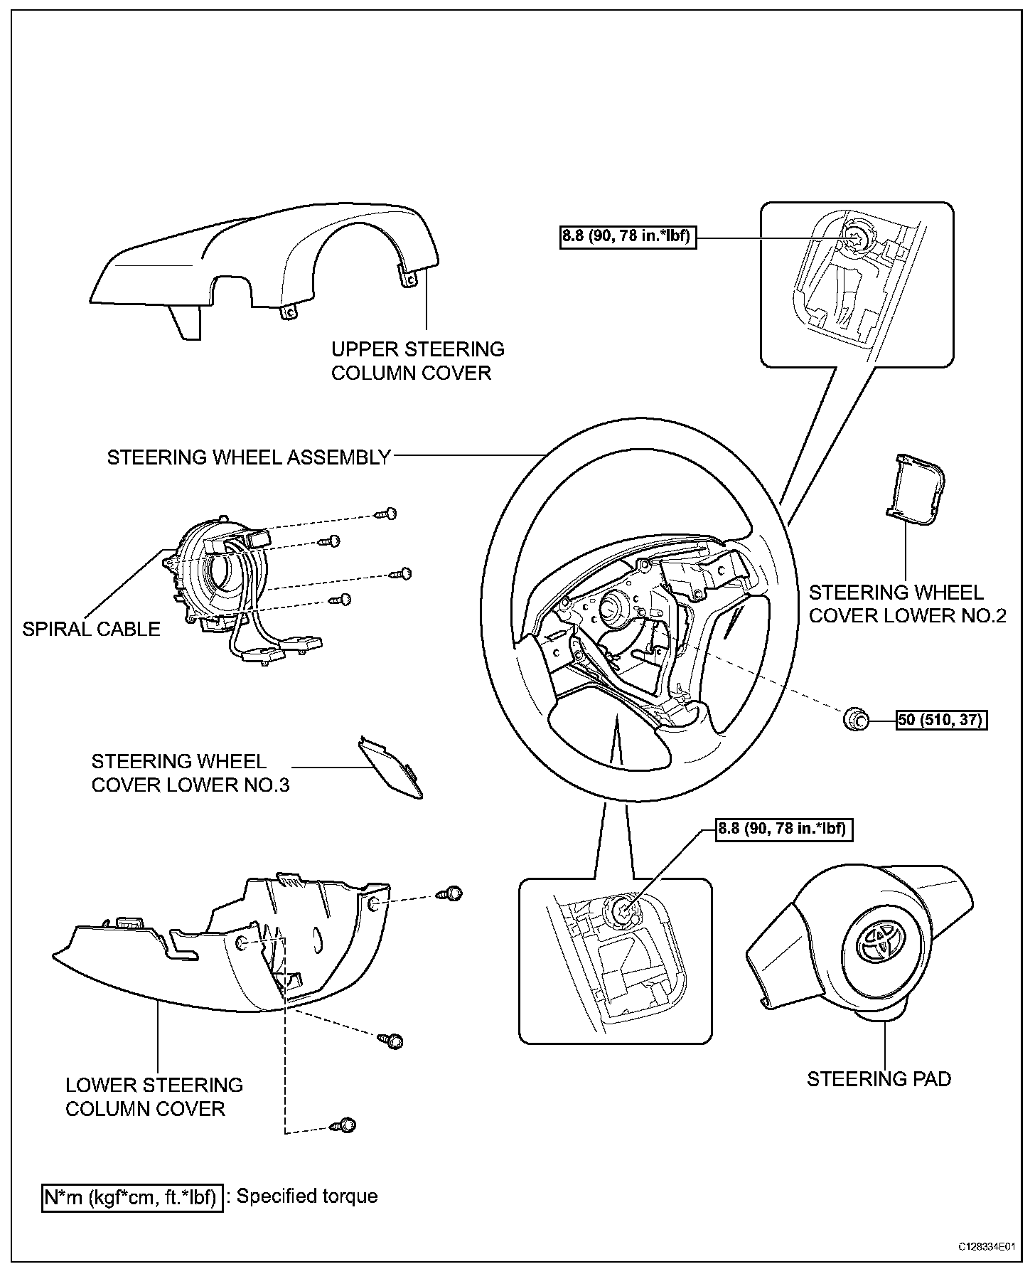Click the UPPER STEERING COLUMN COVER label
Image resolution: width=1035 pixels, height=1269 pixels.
click(418, 361)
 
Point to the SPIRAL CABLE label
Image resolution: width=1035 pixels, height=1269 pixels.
click(91, 629)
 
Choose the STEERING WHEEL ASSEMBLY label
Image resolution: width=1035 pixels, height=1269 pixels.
click(249, 457)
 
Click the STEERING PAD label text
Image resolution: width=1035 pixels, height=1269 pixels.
click(879, 1079)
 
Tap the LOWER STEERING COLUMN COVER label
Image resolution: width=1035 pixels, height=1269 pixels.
click(154, 1096)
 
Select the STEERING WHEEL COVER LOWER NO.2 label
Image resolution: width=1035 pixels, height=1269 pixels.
click(907, 604)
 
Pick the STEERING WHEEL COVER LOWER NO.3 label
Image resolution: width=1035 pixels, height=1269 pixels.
click(190, 772)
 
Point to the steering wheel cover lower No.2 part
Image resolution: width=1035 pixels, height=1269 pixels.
click(918, 490)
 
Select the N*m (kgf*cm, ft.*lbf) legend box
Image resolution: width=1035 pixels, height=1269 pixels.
click(132, 1197)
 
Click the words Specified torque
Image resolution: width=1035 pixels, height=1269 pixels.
click(307, 1196)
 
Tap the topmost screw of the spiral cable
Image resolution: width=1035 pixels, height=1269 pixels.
click(387, 514)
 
